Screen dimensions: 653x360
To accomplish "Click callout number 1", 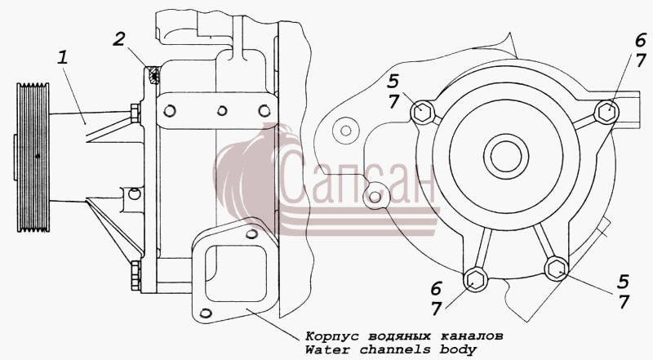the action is (63, 58).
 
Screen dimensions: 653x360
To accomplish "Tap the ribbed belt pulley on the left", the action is (33, 158).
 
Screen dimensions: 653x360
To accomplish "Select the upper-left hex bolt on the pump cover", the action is (423, 112).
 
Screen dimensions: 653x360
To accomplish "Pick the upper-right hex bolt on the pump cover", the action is (606, 112).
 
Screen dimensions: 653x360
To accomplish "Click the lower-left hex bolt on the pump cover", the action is (475, 279).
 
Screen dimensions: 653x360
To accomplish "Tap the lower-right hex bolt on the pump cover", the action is (557, 269).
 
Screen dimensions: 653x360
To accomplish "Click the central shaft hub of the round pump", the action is (506, 157).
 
